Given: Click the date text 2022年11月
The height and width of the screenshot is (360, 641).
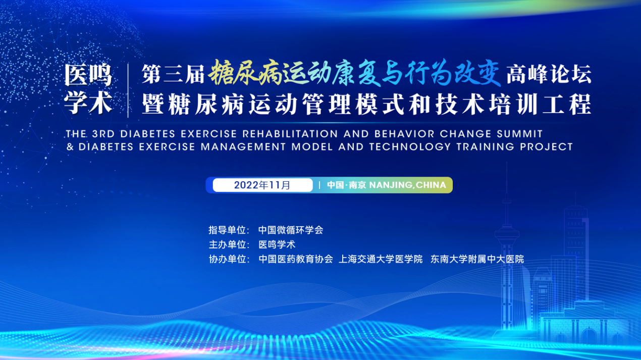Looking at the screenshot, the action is tap(262, 185).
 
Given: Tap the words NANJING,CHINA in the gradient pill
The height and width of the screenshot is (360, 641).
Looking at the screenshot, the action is tap(408, 185).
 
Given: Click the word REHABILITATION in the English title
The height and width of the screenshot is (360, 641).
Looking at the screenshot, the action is tap(290, 134).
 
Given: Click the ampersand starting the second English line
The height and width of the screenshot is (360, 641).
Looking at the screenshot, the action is tap(70, 146).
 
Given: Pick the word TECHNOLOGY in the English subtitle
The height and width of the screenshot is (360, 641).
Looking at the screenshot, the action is tap(410, 146).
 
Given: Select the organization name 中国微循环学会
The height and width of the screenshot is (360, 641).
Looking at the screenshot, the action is tap(291, 230).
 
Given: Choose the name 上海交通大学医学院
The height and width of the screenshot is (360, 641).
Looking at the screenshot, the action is tap(381, 259).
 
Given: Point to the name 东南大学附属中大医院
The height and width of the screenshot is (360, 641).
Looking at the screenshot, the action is tap(477, 259).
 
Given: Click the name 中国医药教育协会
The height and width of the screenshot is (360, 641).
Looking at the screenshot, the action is tap(296, 259).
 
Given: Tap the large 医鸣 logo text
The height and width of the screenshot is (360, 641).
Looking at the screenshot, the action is tap(88, 75).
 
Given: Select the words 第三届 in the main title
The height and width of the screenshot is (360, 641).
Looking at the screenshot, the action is tap(173, 74).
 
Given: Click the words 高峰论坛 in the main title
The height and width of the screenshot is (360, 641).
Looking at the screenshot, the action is tap(549, 74).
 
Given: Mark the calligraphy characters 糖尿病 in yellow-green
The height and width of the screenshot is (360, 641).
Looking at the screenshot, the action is tap(245, 73).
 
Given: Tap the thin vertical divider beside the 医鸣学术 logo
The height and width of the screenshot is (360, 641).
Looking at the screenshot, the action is tap(128, 90).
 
